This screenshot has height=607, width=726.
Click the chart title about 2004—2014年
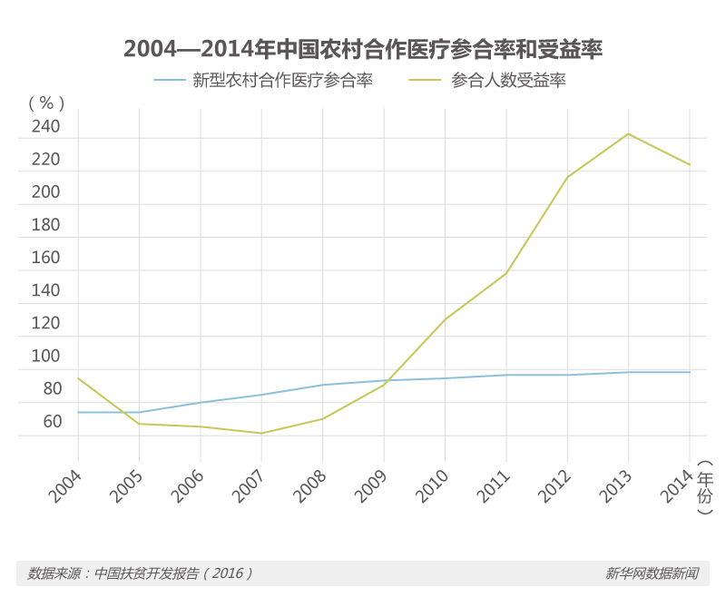[x=363, y=49]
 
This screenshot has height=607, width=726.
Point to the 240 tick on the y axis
[x=45, y=127]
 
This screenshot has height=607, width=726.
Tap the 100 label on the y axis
[x=45, y=357]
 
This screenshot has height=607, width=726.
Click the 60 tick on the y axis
[x=51, y=422]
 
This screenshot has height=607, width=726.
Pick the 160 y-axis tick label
[x=45, y=258]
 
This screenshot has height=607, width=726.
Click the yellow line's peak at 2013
[x=629, y=134]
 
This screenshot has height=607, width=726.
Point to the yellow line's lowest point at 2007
[x=261, y=433]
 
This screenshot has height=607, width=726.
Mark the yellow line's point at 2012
[x=567, y=177]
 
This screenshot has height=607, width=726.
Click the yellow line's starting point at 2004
[x=78, y=378]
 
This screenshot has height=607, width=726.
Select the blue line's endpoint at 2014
[x=690, y=372]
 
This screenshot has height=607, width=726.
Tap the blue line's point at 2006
[x=201, y=402]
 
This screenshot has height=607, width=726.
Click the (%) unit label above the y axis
[x=47, y=102]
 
